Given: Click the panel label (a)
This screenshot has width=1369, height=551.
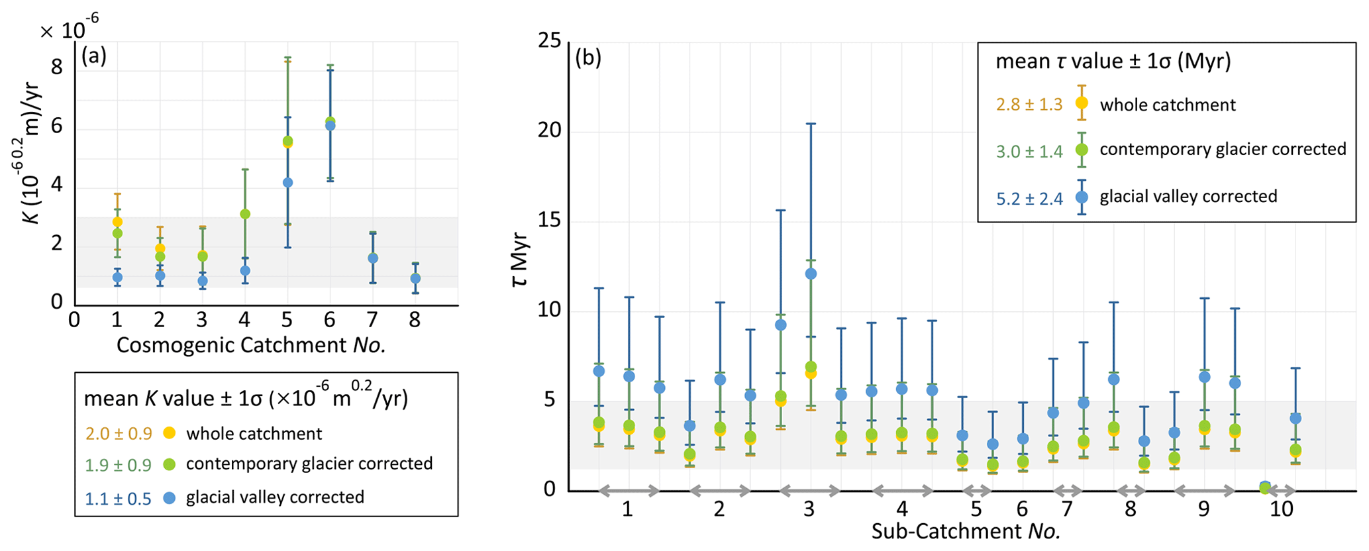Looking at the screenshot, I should pyautogui.click(x=93, y=57).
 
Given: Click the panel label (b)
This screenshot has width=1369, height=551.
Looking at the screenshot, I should pyautogui.click(x=588, y=58).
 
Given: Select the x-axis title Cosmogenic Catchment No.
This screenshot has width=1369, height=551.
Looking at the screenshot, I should pyautogui.click(x=251, y=345).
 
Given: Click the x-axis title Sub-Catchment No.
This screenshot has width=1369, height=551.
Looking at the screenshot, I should pyautogui.click(x=966, y=531).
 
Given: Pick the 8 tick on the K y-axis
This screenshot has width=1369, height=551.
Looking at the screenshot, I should pyautogui.click(x=57, y=67).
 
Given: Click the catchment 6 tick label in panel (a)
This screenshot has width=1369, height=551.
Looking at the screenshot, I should pyautogui.click(x=330, y=321).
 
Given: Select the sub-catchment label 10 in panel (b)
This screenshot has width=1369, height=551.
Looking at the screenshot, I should pyautogui.click(x=1282, y=509).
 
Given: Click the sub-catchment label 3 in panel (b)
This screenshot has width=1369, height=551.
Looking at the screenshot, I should pyautogui.click(x=809, y=509).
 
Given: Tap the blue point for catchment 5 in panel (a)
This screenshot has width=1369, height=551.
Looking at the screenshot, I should pyautogui.click(x=287, y=183).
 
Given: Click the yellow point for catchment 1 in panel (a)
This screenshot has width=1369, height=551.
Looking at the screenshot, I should pyautogui.click(x=117, y=222).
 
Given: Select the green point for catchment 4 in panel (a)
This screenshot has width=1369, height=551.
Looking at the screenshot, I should pyautogui.click(x=245, y=214).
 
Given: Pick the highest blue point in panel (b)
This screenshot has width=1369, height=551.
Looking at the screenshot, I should pyautogui.click(x=811, y=274).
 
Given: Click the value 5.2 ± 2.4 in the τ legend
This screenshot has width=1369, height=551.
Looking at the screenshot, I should pyautogui.click(x=1029, y=198).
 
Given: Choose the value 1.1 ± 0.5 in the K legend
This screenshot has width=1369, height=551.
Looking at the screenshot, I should pyautogui.click(x=118, y=498).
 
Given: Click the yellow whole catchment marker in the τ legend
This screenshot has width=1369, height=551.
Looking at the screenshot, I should pyautogui.click(x=1082, y=103).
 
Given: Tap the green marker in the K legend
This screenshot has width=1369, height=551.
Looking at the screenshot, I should pyautogui.click(x=170, y=464).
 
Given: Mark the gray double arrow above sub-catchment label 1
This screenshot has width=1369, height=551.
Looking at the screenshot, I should pyautogui.click(x=629, y=491).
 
